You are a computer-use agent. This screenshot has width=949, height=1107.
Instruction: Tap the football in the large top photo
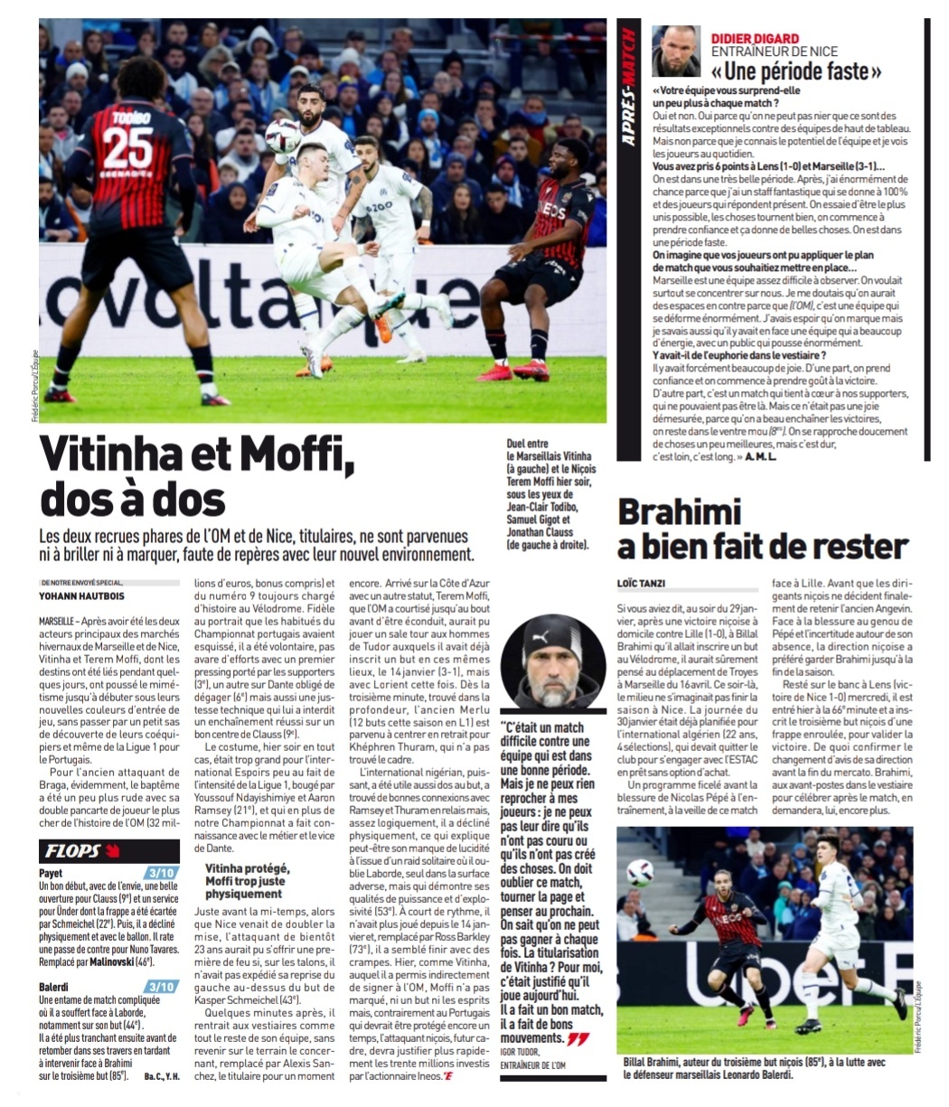point(282,136)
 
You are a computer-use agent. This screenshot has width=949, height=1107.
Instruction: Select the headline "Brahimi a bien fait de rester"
point(762,529)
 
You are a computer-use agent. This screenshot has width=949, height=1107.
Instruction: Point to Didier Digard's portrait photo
point(676,51)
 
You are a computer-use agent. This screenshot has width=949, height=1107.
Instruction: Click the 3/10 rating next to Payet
point(163,873)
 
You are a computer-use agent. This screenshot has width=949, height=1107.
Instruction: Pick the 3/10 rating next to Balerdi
point(163,986)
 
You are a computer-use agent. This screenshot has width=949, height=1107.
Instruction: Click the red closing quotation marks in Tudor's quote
point(577,1040)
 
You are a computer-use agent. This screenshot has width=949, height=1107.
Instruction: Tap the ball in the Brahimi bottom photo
point(639,872)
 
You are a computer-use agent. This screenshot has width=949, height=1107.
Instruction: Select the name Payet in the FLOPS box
point(51,874)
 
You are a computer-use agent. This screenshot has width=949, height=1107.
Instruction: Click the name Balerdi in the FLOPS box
point(54,987)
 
